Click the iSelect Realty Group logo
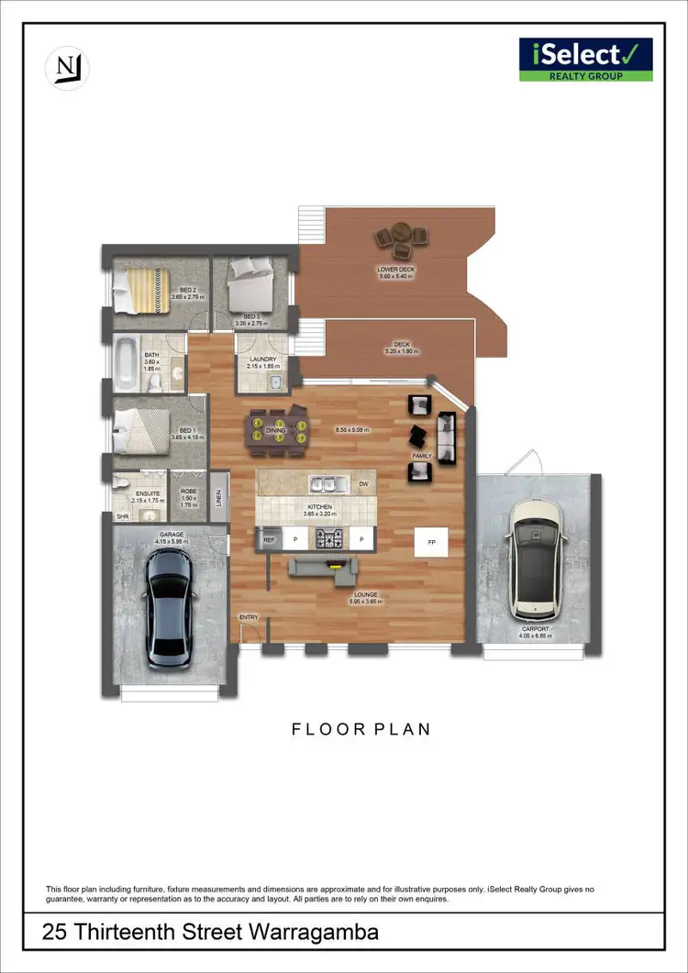point(585,60)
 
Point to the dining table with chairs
point(275,430)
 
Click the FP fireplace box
point(430,542)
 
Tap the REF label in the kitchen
point(269,541)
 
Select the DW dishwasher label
point(363,483)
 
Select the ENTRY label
point(249,617)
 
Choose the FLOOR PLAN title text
point(361,729)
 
